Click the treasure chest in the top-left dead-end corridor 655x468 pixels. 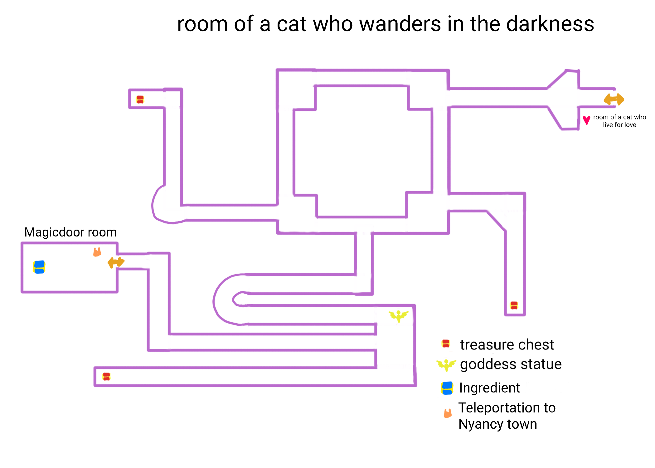pyautogui.click(x=140, y=100)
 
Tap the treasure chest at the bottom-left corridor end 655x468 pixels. pyautogui.click(x=106, y=377)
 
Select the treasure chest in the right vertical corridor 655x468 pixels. pyautogui.click(x=514, y=305)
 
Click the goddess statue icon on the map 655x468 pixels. pyautogui.click(x=398, y=316)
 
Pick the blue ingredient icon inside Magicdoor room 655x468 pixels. pyautogui.click(x=39, y=267)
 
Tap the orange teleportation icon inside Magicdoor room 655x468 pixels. pyautogui.click(x=97, y=252)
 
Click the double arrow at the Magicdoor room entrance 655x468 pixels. pyautogui.click(x=116, y=262)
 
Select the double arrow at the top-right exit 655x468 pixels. pyautogui.click(x=614, y=99)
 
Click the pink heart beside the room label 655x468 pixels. pyautogui.click(x=586, y=120)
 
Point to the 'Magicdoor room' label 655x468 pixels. pyautogui.click(x=70, y=232)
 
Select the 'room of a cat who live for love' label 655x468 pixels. pyautogui.click(x=619, y=121)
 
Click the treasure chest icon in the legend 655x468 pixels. pyautogui.click(x=446, y=344)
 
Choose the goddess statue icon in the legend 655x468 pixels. pyautogui.click(x=446, y=365)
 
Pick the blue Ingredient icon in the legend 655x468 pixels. pyautogui.click(x=447, y=388)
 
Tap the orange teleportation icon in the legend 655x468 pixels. pyautogui.click(x=448, y=413)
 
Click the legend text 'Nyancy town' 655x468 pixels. pyautogui.click(x=497, y=424)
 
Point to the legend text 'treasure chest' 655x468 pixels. pyautogui.click(x=507, y=345)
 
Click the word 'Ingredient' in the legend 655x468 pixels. pyautogui.click(x=489, y=388)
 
